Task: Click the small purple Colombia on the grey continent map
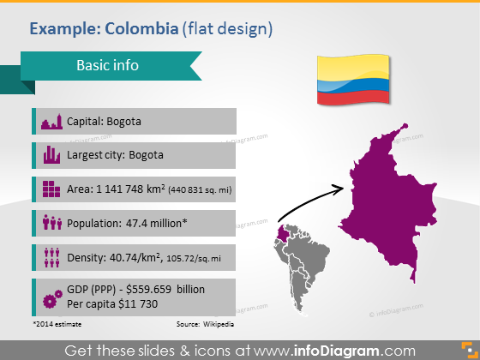[282, 234]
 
